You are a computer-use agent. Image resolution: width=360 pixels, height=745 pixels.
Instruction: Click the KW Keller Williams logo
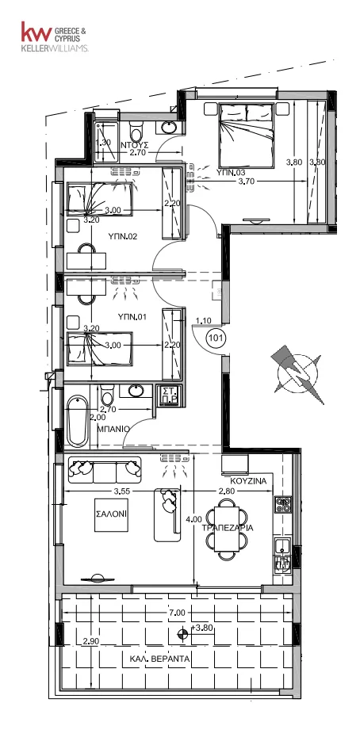(x=54, y=36)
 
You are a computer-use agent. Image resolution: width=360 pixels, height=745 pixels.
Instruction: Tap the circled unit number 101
(x=216, y=338)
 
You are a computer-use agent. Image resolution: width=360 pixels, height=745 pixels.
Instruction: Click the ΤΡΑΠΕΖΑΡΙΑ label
(x=228, y=527)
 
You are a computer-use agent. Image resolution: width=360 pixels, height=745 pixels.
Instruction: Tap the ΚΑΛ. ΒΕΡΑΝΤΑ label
(x=160, y=659)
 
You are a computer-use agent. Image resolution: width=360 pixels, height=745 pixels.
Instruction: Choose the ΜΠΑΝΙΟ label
(x=113, y=428)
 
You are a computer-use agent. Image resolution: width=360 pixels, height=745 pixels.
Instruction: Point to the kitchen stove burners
(x=283, y=504)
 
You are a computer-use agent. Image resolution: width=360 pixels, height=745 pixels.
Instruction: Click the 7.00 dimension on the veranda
(x=177, y=613)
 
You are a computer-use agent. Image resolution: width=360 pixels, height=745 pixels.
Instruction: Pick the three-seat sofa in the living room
(x=105, y=470)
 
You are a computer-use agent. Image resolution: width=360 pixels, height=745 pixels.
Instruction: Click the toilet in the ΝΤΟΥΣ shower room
(x=136, y=128)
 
